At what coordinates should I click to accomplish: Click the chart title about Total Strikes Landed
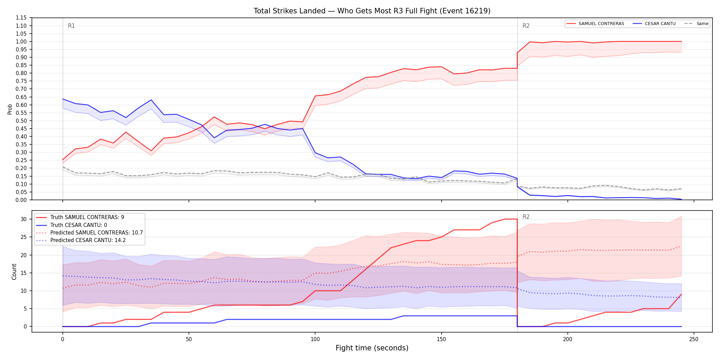pyautogui.click(x=372, y=11)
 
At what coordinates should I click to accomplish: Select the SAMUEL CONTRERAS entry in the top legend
pyautogui.click(x=595, y=24)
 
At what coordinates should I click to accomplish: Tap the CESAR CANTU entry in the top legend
pyautogui.click(x=654, y=24)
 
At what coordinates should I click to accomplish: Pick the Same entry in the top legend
pyautogui.click(x=696, y=24)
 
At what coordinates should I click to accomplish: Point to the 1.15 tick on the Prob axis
pyautogui.click(x=21, y=18)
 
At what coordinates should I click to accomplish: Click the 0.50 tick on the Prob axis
pyautogui.click(x=21, y=121)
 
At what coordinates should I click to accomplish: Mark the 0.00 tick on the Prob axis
pyautogui.click(x=21, y=200)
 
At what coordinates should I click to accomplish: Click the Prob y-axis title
pyautogui.click(x=10, y=109)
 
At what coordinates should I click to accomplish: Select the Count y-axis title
pyautogui.click(x=14, y=272)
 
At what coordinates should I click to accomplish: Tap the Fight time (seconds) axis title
pyautogui.click(x=372, y=348)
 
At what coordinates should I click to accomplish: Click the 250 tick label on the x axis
pyautogui.click(x=694, y=339)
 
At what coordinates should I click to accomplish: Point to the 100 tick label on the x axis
pyautogui.click(x=315, y=339)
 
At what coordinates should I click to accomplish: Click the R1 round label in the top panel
pyautogui.click(x=71, y=26)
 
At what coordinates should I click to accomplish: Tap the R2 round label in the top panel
pyautogui.click(x=526, y=26)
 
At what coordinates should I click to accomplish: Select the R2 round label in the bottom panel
pyautogui.click(x=526, y=217)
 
